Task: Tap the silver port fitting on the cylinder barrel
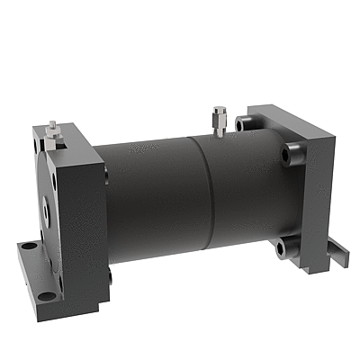[x=218, y=121]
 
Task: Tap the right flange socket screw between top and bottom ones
[x=291, y=153]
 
